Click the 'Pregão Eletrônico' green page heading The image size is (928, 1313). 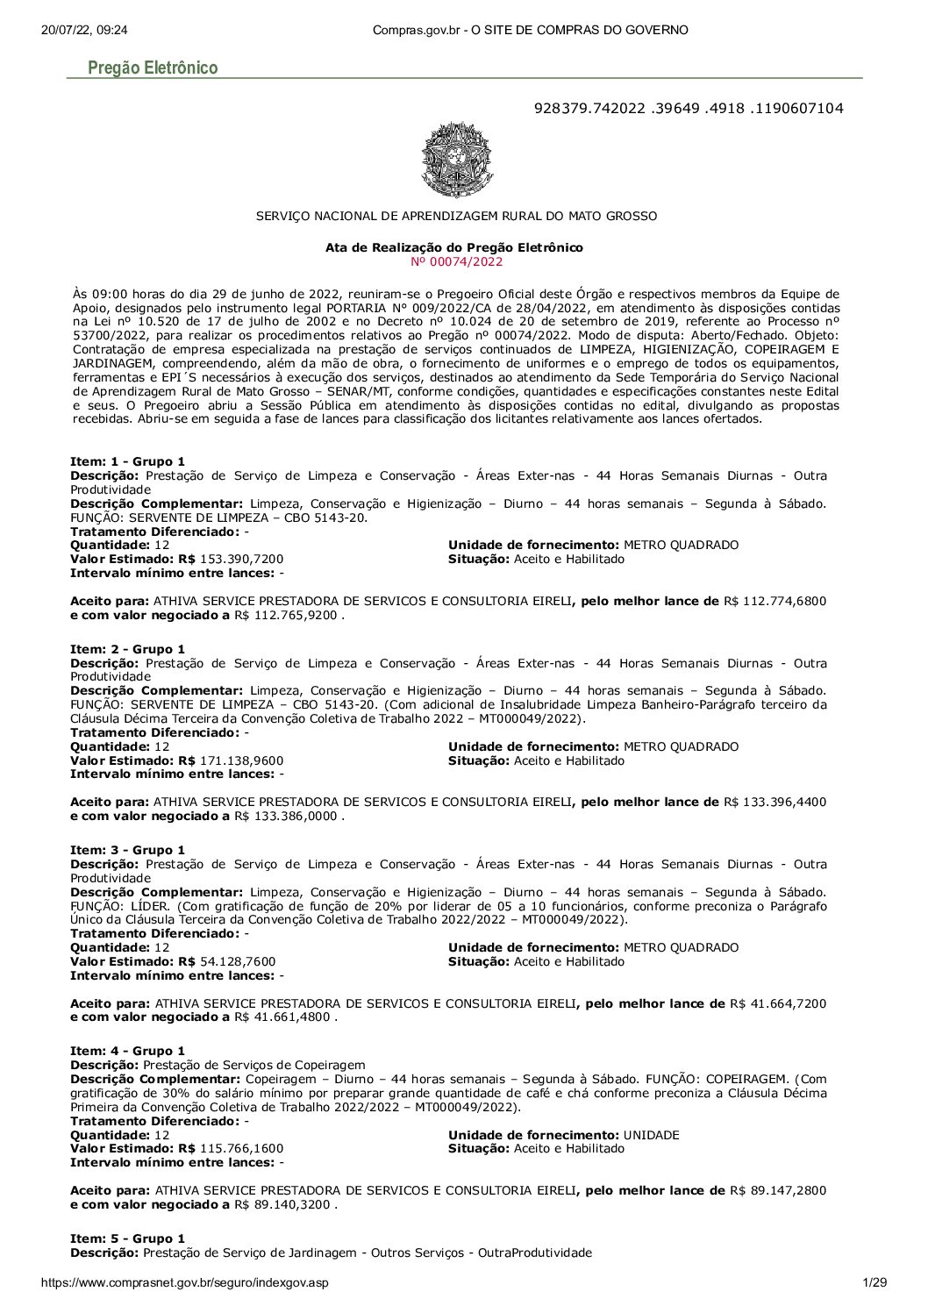(x=153, y=68)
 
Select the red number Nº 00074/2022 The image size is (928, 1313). (x=457, y=261)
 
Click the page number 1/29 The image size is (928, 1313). (x=874, y=1283)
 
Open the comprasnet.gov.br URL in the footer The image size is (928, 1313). (x=185, y=1283)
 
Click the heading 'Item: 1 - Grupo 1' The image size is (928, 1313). (x=127, y=461)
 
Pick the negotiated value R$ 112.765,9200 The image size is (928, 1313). (x=288, y=616)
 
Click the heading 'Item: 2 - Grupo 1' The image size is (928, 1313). (x=127, y=649)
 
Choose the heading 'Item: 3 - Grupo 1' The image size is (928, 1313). (x=127, y=850)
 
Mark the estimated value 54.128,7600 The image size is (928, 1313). (x=238, y=961)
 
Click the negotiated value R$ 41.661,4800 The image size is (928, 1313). (x=283, y=1017)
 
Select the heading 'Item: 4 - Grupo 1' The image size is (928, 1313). (x=127, y=1051)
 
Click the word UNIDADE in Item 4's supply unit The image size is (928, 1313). (x=652, y=1135)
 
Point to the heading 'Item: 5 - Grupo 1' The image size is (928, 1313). (x=127, y=1238)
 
